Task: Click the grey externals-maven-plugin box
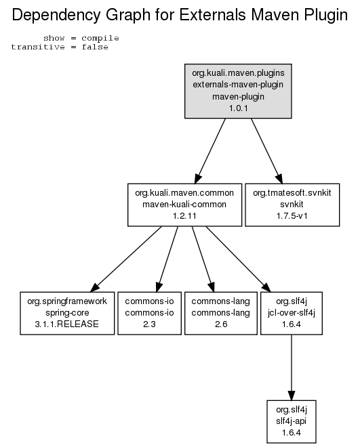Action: pyautogui.click(x=238, y=91)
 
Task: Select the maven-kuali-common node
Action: pyautogui.click(x=184, y=205)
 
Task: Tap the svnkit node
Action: pyautogui.click(x=292, y=205)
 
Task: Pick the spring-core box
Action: pyautogui.click(x=67, y=313)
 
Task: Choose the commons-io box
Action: pyautogui.click(x=149, y=313)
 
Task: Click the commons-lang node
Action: pyautogui.click(x=221, y=313)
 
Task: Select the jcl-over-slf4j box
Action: pyautogui.click(x=292, y=313)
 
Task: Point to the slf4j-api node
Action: pyautogui.click(x=292, y=421)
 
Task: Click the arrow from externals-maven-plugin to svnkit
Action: pyautogui.click(x=266, y=151)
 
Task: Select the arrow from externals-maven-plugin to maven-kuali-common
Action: pyautogui.click(x=210, y=151)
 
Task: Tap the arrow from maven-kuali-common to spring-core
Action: pyautogui.click(x=126, y=259)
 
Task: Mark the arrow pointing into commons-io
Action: pyautogui.click(x=167, y=259)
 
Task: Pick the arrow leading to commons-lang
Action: pyautogui.click(x=203, y=259)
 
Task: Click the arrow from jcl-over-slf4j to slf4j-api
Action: pyautogui.click(x=292, y=368)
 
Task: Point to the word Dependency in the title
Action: pyautogui.click(x=56, y=15)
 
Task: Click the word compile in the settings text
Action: pyautogui.click(x=100, y=38)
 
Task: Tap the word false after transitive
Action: pyautogui.click(x=95, y=47)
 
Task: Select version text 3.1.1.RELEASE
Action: pyautogui.click(x=66, y=324)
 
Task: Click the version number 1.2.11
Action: pyautogui.click(x=184, y=216)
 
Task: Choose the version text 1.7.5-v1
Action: pyautogui.click(x=292, y=216)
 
